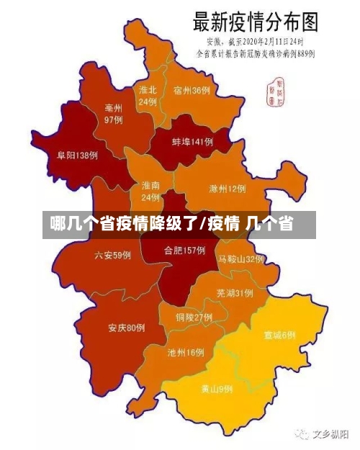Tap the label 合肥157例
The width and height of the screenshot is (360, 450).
(x=185, y=251)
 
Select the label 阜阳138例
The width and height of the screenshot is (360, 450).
(x=77, y=155)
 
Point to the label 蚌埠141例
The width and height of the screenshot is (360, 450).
(x=192, y=142)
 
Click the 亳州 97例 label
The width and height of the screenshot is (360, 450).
(x=113, y=113)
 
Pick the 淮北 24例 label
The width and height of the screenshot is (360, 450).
(x=148, y=96)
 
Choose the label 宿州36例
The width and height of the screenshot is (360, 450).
(x=192, y=91)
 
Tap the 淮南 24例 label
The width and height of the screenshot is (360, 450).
(x=150, y=191)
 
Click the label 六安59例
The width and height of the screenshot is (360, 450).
(x=112, y=255)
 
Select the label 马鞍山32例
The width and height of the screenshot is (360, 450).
(x=241, y=258)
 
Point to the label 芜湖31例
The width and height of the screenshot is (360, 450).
(x=234, y=293)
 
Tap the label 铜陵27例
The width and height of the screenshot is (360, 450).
(x=194, y=317)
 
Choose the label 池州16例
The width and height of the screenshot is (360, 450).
(x=186, y=353)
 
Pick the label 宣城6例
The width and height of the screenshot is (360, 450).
(x=279, y=335)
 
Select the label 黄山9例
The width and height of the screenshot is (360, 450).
(x=216, y=389)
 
